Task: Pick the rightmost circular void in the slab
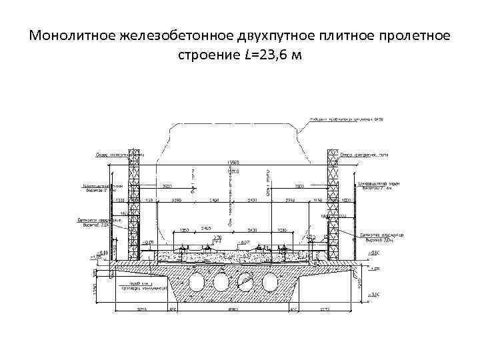[269, 282]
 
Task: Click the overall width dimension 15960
[234, 162]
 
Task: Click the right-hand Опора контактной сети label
[364, 155]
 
